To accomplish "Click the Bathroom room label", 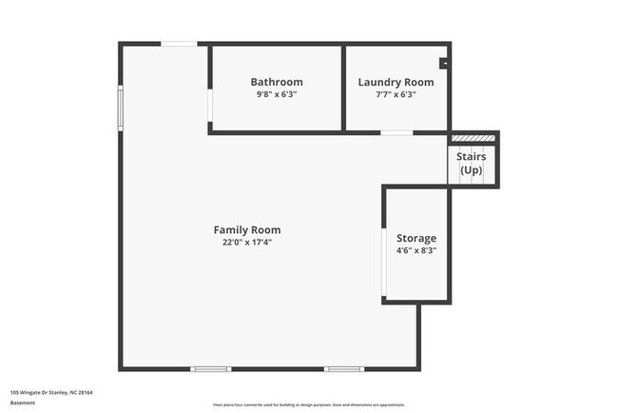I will click(x=277, y=82).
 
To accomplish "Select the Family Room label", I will click(x=246, y=229).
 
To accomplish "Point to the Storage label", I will click(x=416, y=238).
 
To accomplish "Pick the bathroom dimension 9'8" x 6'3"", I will click(x=277, y=94).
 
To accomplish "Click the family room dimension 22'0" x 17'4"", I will click(x=246, y=242).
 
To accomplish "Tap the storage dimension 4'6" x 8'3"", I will click(x=416, y=251).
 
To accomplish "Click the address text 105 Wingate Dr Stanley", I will click(x=51, y=391).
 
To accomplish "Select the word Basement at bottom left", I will click(x=23, y=403).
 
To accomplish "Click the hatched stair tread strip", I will click(x=473, y=138).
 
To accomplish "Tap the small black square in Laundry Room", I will click(x=443, y=64).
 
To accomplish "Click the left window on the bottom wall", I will click(x=210, y=369).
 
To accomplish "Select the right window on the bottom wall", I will click(x=343, y=369).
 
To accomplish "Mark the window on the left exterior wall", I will click(x=120, y=106).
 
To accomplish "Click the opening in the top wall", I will click(x=179, y=43).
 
